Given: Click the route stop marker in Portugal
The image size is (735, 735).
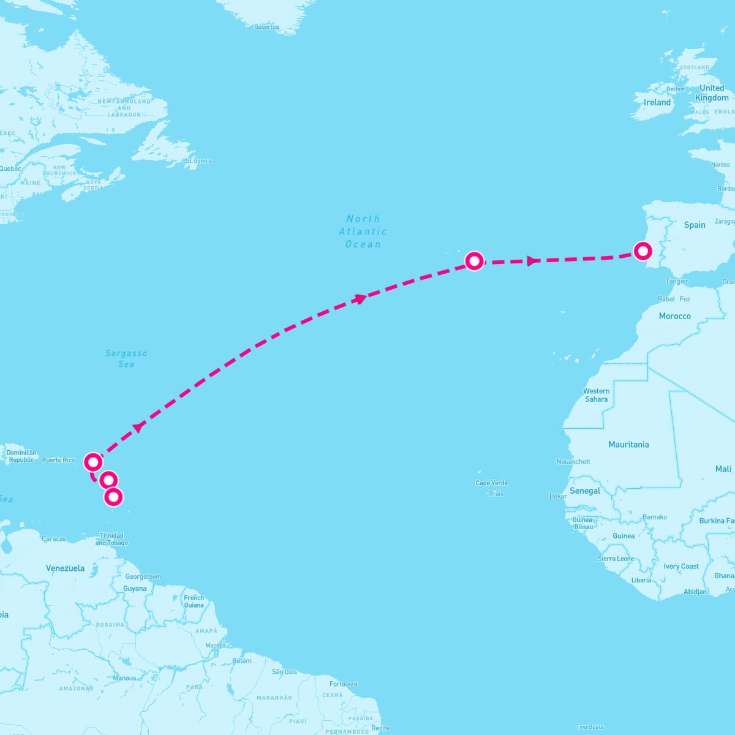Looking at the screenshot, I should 642,251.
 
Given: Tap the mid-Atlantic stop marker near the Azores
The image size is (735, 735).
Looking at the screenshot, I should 474,262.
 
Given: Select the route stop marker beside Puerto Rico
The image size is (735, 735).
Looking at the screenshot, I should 92,461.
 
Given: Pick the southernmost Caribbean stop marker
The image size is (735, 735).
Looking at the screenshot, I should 113,497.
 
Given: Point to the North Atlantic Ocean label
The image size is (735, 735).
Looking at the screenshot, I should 363,232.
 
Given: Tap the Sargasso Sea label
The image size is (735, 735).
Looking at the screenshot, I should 126,358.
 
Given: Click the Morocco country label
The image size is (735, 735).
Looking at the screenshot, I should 674,316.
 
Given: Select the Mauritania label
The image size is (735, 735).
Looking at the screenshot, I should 628,445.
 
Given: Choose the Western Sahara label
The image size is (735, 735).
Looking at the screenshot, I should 596,395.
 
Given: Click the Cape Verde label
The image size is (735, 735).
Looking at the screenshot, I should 492,483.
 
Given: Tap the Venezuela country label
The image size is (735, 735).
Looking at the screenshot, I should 65,568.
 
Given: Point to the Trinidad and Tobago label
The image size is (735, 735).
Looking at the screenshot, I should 111,539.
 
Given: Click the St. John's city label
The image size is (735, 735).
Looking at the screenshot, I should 198,161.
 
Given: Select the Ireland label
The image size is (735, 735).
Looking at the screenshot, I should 657,103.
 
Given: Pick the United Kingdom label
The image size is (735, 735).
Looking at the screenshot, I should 712,92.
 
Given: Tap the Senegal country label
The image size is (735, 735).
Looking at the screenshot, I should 585,491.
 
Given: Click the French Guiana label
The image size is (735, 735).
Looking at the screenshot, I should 194,601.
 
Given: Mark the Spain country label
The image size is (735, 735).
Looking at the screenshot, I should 695,225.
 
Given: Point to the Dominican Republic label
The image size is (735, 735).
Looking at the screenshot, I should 21,456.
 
